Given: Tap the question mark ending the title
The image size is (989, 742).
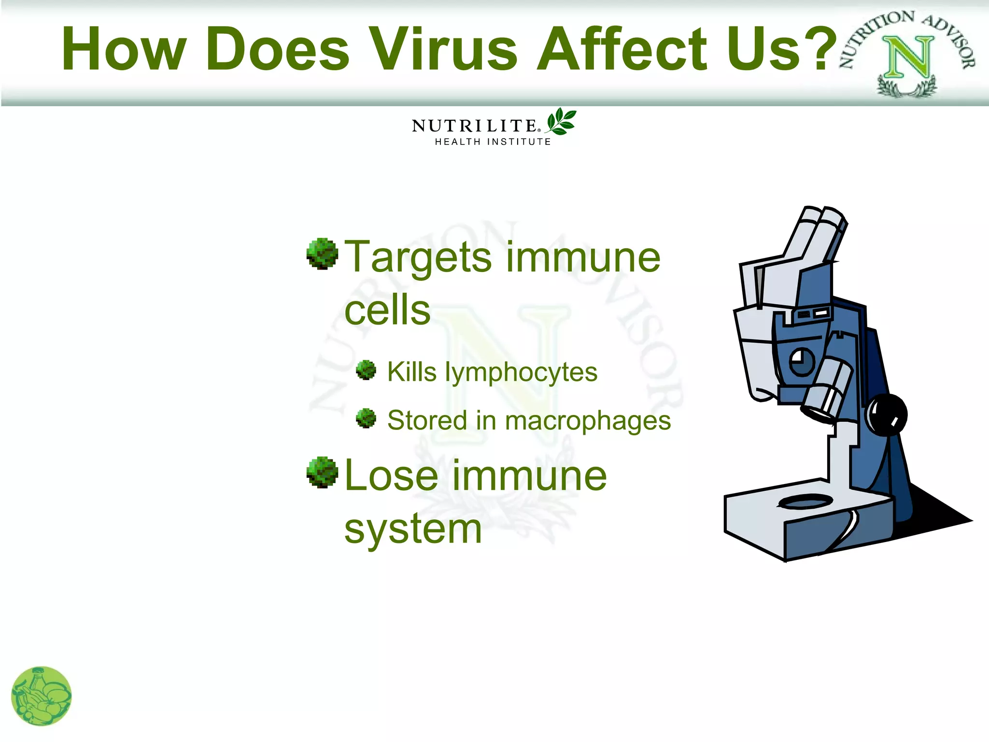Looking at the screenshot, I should click(x=822, y=48).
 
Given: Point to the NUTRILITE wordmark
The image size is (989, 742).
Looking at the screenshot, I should click(x=475, y=126).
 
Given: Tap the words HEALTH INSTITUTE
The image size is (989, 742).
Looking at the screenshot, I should click(x=493, y=142).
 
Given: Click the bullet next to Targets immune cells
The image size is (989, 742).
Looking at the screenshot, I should click(x=322, y=254).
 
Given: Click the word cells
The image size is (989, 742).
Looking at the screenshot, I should click(x=387, y=310).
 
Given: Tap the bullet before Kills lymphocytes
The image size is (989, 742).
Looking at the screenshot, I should click(x=366, y=370).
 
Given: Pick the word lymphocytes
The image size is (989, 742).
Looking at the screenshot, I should click(x=521, y=373).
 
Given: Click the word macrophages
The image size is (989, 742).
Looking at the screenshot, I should click(x=588, y=421).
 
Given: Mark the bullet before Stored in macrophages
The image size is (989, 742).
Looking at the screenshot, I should click(x=366, y=418).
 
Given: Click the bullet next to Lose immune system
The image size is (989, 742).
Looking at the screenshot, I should click(x=322, y=472).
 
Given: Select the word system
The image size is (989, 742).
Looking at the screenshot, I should click(x=413, y=530).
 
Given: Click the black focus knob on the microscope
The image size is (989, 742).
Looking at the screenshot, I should click(x=887, y=414).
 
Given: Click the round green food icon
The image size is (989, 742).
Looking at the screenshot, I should click(x=42, y=696).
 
